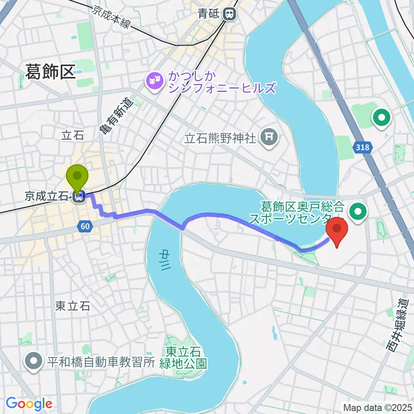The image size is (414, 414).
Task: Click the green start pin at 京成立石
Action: click(78, 177)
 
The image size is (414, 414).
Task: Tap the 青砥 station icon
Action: click(230, 14)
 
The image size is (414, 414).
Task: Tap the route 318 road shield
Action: click(363, 148)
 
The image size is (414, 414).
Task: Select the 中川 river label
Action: click(165, 260)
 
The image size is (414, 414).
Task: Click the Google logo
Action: click(29, 404)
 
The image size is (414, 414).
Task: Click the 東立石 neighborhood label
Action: click(73, 306)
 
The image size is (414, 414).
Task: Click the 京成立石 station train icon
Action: click(78, 197)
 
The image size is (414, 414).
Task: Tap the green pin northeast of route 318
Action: click(382, 117)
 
